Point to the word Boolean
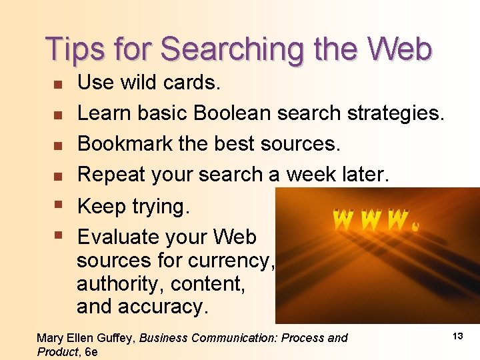point(234,113)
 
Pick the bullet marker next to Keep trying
point(58,207)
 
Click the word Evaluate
point(114,237)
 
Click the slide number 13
point(457,336)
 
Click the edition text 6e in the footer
point(91,351)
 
